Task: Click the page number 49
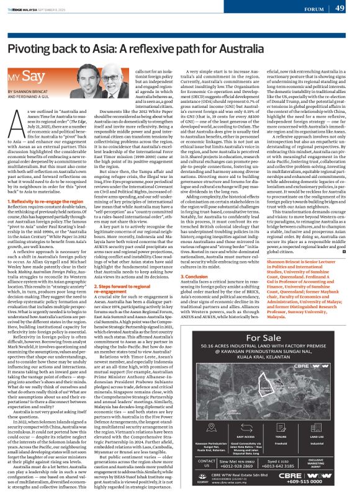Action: [x=340, y=8]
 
